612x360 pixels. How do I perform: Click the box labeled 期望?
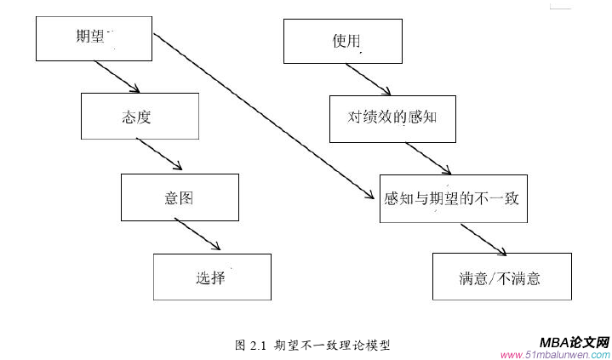(x=95, y=37)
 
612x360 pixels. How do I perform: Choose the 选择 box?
(x=212, y=277)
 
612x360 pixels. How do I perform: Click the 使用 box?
(x=342, y=39)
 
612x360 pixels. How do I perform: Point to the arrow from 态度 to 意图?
(x=159, y=156)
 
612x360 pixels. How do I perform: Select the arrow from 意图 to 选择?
(x=198, y=235)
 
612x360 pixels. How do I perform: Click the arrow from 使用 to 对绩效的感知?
(x=369, y=77)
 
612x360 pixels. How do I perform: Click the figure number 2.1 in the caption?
(x=259, y=346)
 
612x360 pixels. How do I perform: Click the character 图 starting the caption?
(x=240, y=346)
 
